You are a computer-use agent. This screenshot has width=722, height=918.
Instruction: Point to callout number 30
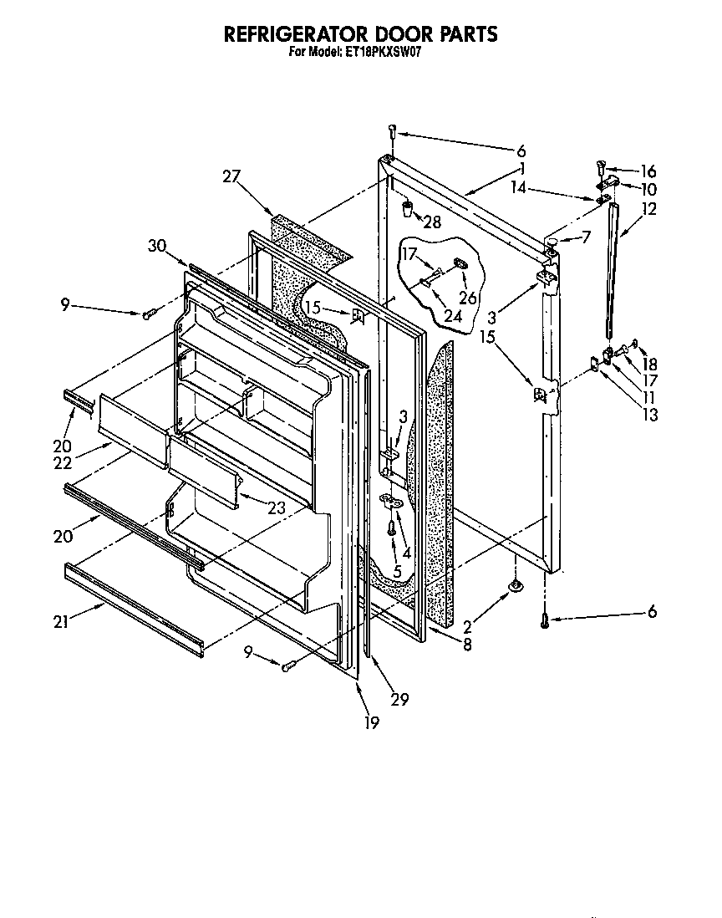click(157, 245)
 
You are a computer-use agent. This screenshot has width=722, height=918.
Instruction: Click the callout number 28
click(432, 221)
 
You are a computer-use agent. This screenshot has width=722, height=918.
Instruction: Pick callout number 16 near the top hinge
click(648, 170)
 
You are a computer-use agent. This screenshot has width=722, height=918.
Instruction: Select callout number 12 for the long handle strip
click(649, 209)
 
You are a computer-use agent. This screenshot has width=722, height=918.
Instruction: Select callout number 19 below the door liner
click(370, 722)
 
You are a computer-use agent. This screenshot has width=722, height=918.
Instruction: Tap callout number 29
click(399, 699)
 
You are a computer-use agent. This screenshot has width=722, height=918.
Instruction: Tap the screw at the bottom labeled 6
click(544, 620)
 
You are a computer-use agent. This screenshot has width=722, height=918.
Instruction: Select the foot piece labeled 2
click(516, 588)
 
